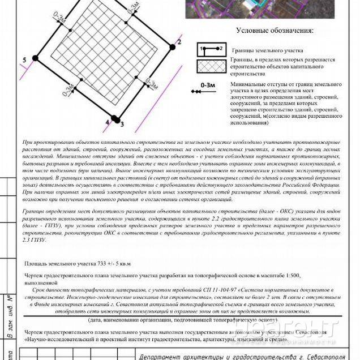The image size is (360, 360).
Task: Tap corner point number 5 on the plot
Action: tap(35, 58)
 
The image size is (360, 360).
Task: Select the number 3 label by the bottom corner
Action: tap(121, 123)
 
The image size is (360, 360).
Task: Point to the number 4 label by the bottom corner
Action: tap(107, 121)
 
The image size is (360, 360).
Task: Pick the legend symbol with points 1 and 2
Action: tap(211, 50)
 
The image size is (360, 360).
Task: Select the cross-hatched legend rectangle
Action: tap(211, 67)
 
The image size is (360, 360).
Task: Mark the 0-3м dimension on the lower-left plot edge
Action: tap(70, 90)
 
